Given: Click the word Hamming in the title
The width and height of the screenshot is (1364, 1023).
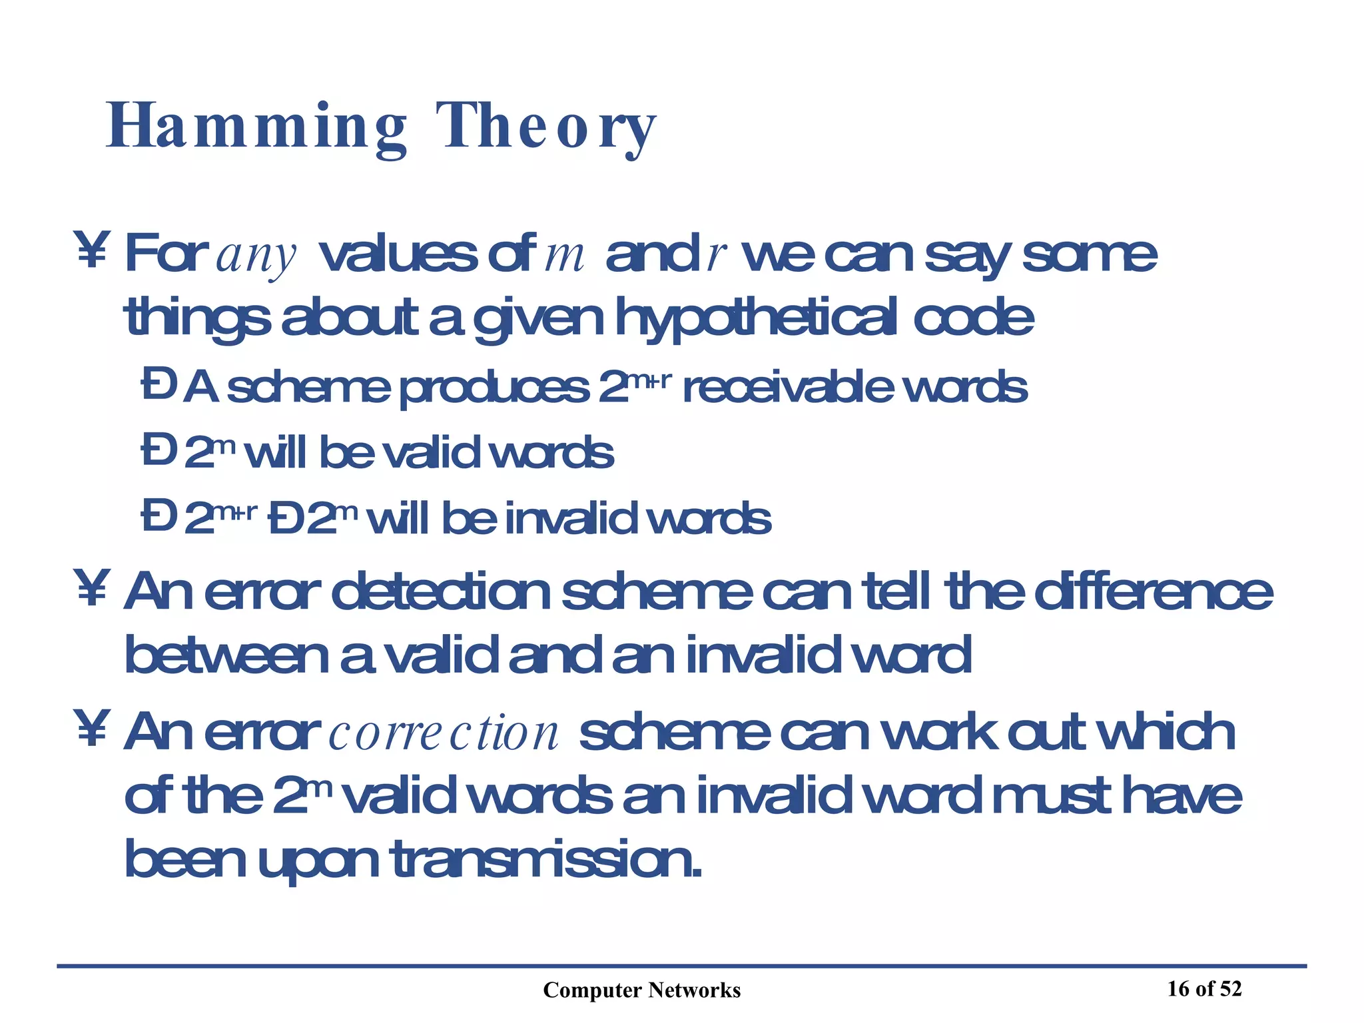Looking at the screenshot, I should (x=256, y=127).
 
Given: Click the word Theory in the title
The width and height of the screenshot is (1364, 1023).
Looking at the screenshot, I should (x=546, y=127).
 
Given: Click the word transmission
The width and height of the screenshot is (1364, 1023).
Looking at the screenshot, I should (x=546, y=860).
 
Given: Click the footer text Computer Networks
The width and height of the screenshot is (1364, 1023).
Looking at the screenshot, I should (x=641, y=990).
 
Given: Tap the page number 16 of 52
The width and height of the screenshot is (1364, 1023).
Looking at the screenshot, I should (x=1204, y=989).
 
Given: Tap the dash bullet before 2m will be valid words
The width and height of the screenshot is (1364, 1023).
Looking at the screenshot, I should (x=158, y=451).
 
